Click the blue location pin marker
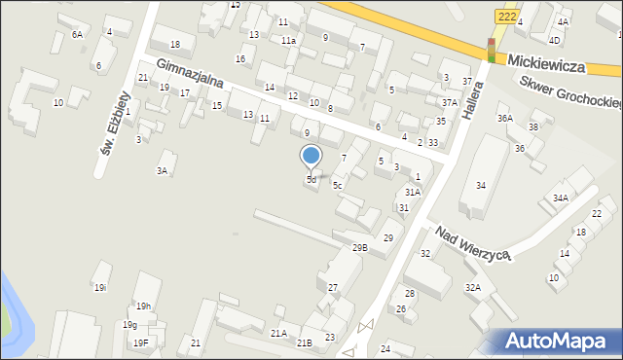(311, 157)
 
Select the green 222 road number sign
(506, 17)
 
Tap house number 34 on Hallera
(480, 186)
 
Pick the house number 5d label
(311, 180)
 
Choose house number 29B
(360, 248)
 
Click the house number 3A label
(164, 171)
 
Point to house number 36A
(504, 119)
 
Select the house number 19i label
(99, 288)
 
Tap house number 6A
(77, 34)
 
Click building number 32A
(473, 287)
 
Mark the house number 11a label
(289, 41)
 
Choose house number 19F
(141, 342)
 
